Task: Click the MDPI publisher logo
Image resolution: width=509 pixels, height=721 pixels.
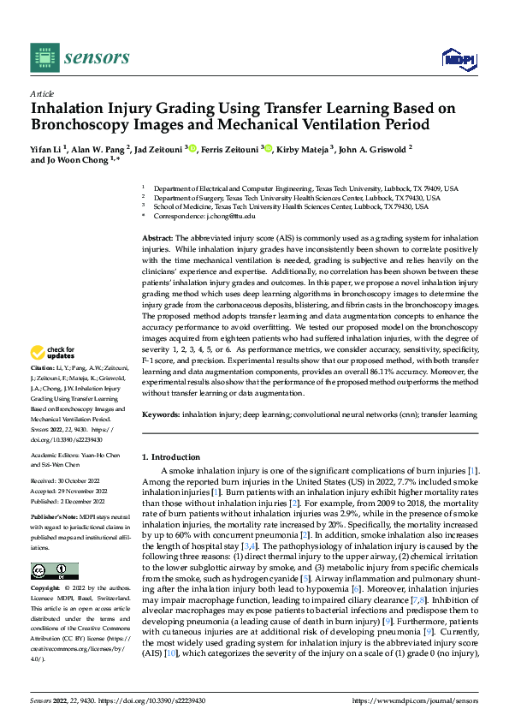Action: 458,57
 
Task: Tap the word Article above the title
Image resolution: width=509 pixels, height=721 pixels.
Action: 42,93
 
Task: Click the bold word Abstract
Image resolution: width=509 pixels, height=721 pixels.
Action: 158,235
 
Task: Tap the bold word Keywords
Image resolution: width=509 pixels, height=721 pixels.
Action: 160,414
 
